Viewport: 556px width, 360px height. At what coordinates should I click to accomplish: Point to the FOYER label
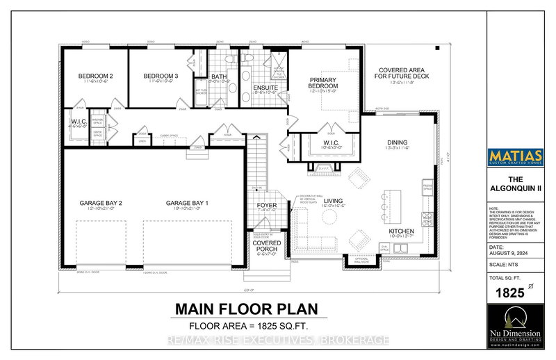point(268,205)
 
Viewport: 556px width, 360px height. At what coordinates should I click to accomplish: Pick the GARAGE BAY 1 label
point(183,203)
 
